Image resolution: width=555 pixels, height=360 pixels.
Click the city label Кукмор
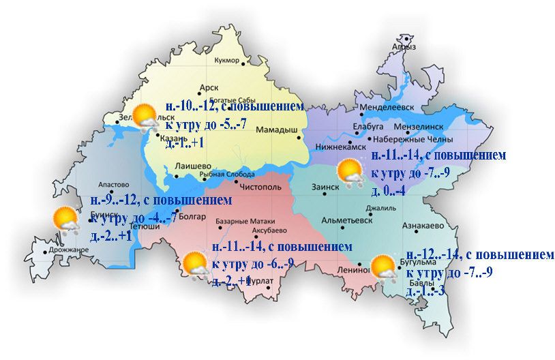226,61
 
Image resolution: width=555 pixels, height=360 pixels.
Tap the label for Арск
208,87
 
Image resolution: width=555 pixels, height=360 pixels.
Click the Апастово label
114,184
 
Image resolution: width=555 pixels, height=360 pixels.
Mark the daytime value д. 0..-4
389,191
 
